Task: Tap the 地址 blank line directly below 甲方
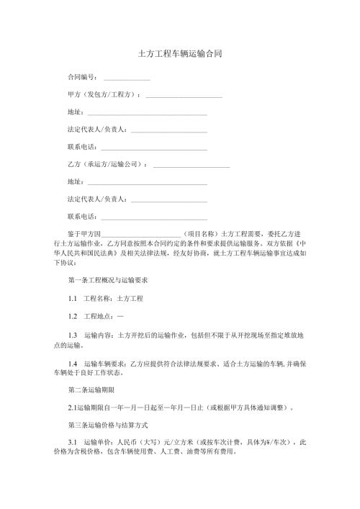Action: point(147,113)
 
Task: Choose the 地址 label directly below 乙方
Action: point(74,181)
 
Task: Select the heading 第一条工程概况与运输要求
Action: point(109,279)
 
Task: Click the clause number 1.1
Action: point(73,297)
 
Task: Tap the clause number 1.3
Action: point(73,335)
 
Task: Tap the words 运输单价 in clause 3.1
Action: point(99,447)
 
